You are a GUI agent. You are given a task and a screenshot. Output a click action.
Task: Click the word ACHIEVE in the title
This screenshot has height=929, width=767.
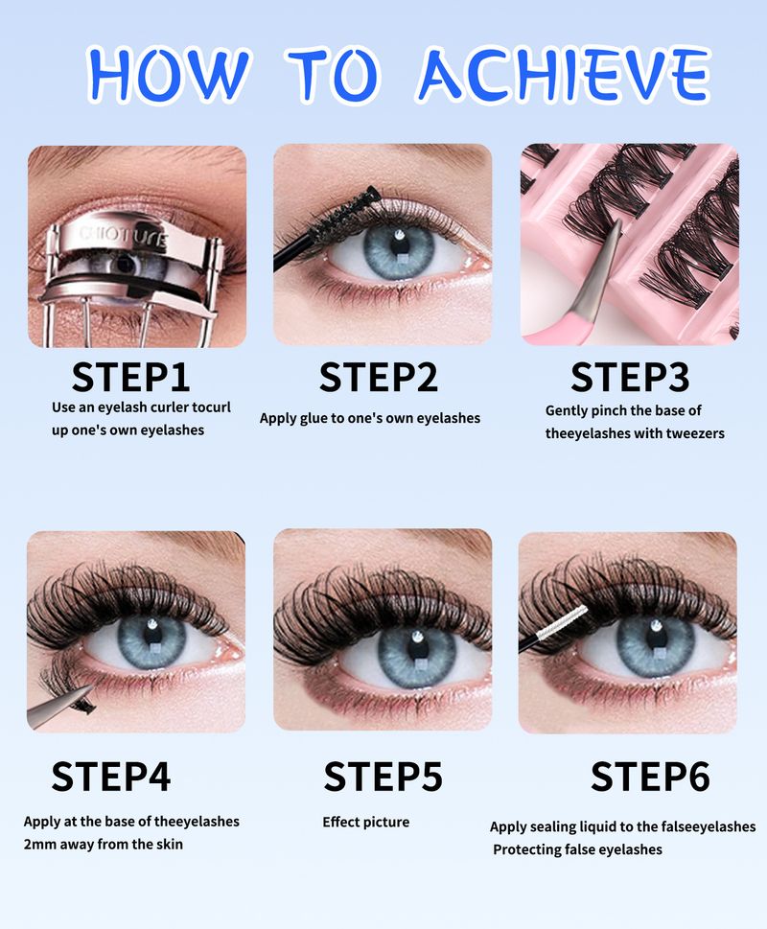pos(565,74)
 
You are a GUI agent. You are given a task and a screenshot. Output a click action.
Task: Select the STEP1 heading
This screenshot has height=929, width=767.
pos(131,377)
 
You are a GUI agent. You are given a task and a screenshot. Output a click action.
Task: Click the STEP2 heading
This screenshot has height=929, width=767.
pos(379,377)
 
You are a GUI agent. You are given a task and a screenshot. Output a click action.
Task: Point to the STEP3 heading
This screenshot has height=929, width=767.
pos(630,377)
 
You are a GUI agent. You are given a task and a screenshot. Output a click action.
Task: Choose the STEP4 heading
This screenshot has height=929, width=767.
pos(111,777)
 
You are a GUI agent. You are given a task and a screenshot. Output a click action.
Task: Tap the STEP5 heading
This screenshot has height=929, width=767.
pos(383,777)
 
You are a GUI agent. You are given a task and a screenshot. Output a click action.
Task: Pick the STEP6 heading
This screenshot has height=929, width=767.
pos(650,777)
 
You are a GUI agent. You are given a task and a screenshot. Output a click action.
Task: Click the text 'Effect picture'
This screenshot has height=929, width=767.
pos(366,823)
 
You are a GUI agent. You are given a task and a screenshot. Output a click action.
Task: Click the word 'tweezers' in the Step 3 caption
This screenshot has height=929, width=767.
pos(695,433)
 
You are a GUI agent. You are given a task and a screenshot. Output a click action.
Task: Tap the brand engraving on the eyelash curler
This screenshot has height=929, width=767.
pos(123,236)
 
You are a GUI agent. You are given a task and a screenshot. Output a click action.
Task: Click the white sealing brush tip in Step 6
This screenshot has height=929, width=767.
pos(561,621)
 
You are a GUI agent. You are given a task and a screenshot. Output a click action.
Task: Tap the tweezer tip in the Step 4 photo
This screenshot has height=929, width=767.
pos(91,688)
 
